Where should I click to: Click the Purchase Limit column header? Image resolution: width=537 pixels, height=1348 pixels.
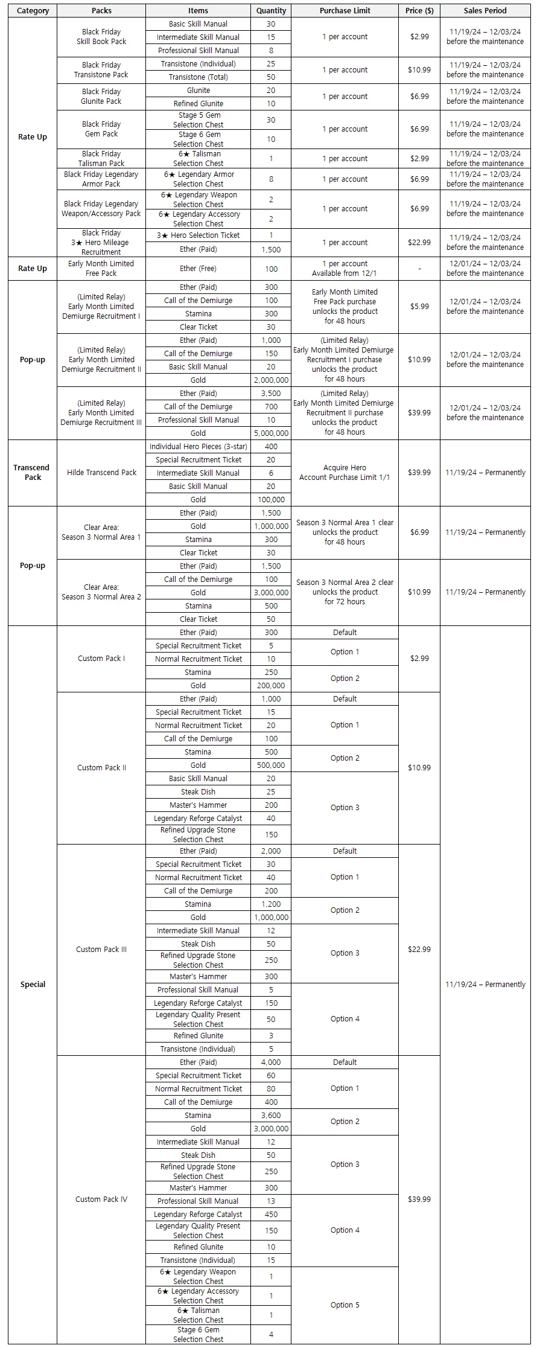[345, 11]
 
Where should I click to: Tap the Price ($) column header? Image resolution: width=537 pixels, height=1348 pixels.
[419, 11]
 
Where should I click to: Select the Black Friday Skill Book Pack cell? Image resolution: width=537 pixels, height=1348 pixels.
[101, 37]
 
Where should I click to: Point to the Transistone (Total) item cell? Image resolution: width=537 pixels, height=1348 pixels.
[198, 77]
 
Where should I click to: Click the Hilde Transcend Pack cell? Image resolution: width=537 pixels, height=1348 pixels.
[101, 473]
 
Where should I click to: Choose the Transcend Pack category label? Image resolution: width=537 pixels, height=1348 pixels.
[32, 473]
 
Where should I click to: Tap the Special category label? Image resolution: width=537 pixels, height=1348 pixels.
[32, 985]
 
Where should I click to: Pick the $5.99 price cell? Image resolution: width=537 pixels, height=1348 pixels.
[419, 307]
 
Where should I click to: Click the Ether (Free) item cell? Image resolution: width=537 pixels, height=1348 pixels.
[198, 269]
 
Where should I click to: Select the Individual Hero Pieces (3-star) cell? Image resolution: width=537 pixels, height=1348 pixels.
[198, 447]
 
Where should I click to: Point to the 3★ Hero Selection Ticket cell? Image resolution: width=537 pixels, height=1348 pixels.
[198, 235]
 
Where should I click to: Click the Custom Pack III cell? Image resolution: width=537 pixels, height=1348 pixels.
[101, 950]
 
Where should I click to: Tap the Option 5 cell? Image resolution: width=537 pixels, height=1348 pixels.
[345, 1305]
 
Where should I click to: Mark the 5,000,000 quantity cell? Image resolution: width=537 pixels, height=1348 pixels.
[271, 433]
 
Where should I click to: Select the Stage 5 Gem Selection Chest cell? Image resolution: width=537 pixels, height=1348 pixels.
[198, 120]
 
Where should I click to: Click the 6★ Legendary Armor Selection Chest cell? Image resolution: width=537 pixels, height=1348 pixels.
[198, 179]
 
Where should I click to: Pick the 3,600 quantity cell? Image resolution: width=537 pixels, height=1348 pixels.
[271, 1116]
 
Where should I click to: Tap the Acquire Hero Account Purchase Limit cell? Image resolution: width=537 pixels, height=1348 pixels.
[345, 473]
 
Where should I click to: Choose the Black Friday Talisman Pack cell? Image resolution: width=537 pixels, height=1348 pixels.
[101, 159]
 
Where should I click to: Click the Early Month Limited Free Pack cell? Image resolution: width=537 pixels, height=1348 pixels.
[101, 269]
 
